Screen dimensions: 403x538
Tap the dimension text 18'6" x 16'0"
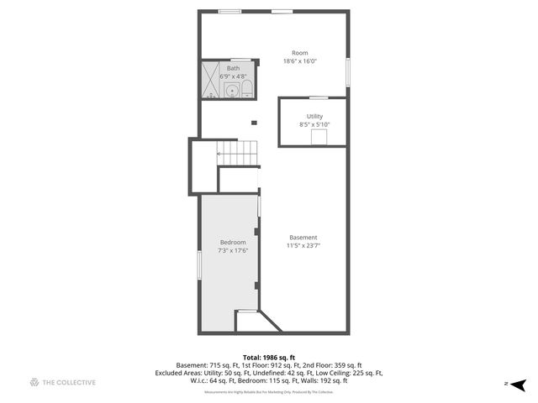(x=300, y=60)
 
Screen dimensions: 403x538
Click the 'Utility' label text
(x=314, y=117)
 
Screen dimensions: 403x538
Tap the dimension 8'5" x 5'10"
(x=314, y=125)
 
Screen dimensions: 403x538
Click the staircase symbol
(x=237, y=153)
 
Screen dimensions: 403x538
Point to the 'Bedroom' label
(x=232, y=242)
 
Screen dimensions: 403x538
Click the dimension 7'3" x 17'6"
(x=232, y=250)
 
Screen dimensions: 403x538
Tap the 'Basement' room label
(x=303, y=237)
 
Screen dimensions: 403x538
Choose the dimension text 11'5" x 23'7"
(x=303, y=245)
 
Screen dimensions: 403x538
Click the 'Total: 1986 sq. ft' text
(x=268, y=357)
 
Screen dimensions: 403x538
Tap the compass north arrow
(x=518, y=384)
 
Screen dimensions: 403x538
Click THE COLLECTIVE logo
(x=62, y=383)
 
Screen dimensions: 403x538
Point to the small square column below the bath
(x=253, y=123)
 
